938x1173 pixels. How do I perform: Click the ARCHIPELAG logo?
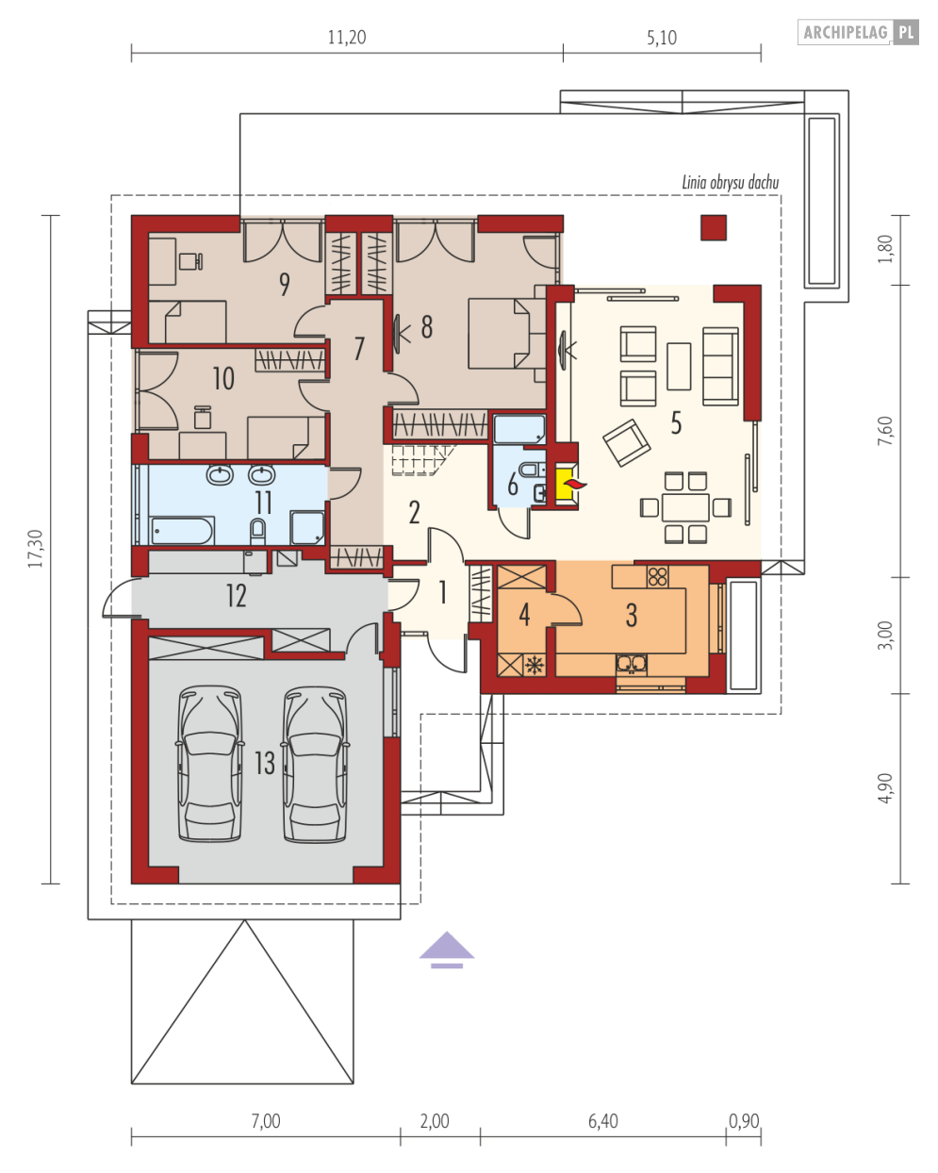click(859, 33)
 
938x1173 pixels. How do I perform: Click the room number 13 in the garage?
click(264, 762)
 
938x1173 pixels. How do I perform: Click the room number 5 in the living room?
click(675, 422)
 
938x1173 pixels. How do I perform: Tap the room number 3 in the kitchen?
click(631, 616)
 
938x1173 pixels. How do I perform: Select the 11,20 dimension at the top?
click(346, 39)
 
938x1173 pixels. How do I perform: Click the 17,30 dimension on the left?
click(36, 548)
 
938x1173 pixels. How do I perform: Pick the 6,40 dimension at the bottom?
click(602, 1121)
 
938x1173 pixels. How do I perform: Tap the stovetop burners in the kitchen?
click(656, 574)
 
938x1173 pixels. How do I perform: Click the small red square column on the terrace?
click(714, 227)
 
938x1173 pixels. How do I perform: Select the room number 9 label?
click(284, 285)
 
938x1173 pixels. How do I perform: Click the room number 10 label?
click(223, 379)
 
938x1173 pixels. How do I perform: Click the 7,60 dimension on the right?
click(883, 431)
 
